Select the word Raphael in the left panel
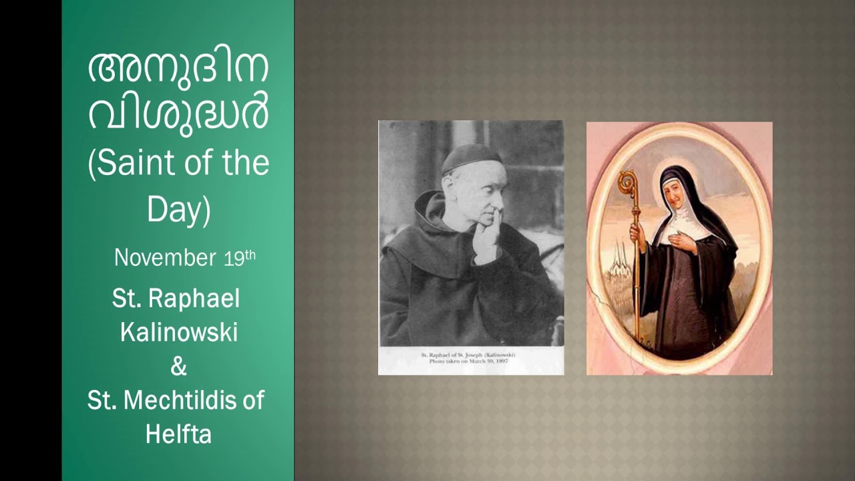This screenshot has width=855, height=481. click(x=194, y=299)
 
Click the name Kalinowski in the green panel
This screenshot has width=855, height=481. click(x=178, y=332)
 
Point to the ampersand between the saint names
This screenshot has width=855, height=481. click(x=178, y=366)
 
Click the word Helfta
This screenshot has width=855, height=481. click(x=178, y=434)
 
